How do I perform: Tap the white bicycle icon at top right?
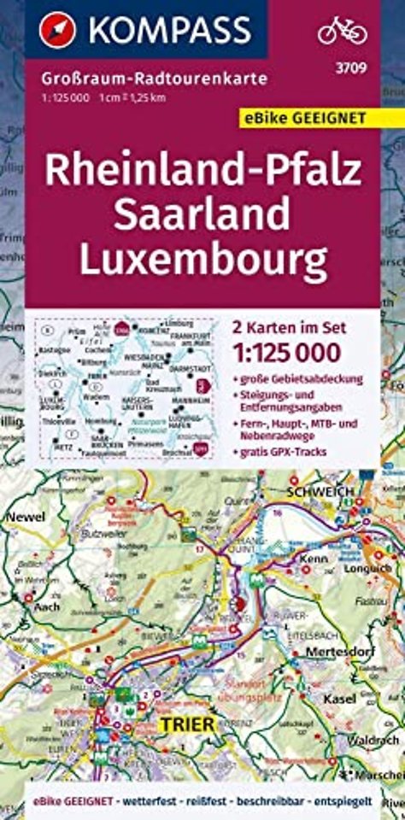pos(342,30)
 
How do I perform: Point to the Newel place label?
pos(25,517)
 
